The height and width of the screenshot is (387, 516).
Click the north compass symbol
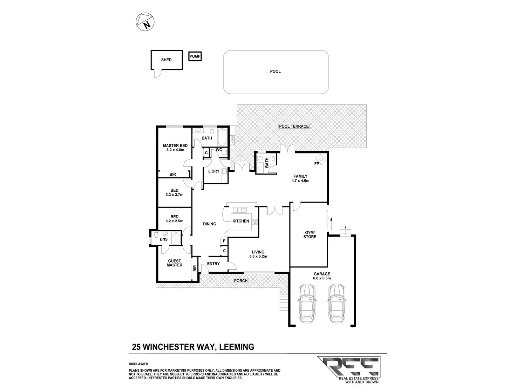[145, 22]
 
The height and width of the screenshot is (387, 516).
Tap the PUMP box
[195, 56]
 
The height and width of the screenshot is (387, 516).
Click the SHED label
[167, 60]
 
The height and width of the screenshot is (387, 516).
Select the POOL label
[276, 72]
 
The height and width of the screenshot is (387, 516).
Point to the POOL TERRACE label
[294, 126]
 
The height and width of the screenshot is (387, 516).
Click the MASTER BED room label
[175, 146]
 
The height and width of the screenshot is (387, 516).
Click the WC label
[219, 150]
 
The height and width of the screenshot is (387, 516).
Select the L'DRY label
[213, 171]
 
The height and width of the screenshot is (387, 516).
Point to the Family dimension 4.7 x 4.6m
[300, 181]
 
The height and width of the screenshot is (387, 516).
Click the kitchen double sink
[240, 210]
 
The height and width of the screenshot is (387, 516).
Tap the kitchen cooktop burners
[255, 221]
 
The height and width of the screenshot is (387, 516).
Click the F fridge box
[223, 241]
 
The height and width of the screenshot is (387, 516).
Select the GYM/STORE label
[310, 235]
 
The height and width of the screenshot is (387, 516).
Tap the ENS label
[164, 239]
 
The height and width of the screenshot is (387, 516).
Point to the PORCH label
[241, 281]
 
